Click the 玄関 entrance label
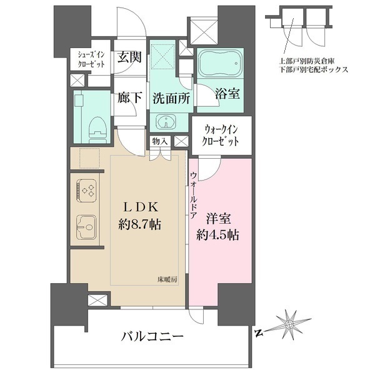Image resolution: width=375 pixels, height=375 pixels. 129,57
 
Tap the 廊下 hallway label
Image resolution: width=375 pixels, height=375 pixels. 129,97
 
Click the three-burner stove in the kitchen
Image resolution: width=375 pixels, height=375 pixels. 86,189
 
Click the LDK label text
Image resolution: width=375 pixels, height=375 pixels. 142,207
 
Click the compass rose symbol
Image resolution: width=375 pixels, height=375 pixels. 289,324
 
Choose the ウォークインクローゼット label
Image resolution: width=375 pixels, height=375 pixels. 222,136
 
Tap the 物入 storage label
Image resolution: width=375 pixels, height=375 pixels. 160,142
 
